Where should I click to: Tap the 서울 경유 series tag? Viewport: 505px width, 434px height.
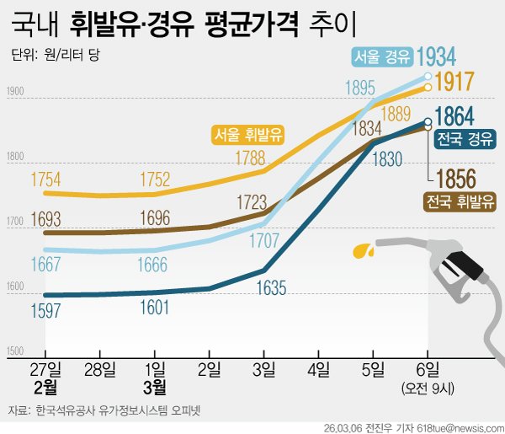381,57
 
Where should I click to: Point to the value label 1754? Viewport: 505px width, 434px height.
45,179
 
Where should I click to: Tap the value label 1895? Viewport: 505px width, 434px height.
359,88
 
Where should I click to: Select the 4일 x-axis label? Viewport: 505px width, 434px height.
319,370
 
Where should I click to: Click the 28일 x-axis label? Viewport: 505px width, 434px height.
100,370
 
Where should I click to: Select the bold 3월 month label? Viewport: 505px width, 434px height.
155,388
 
